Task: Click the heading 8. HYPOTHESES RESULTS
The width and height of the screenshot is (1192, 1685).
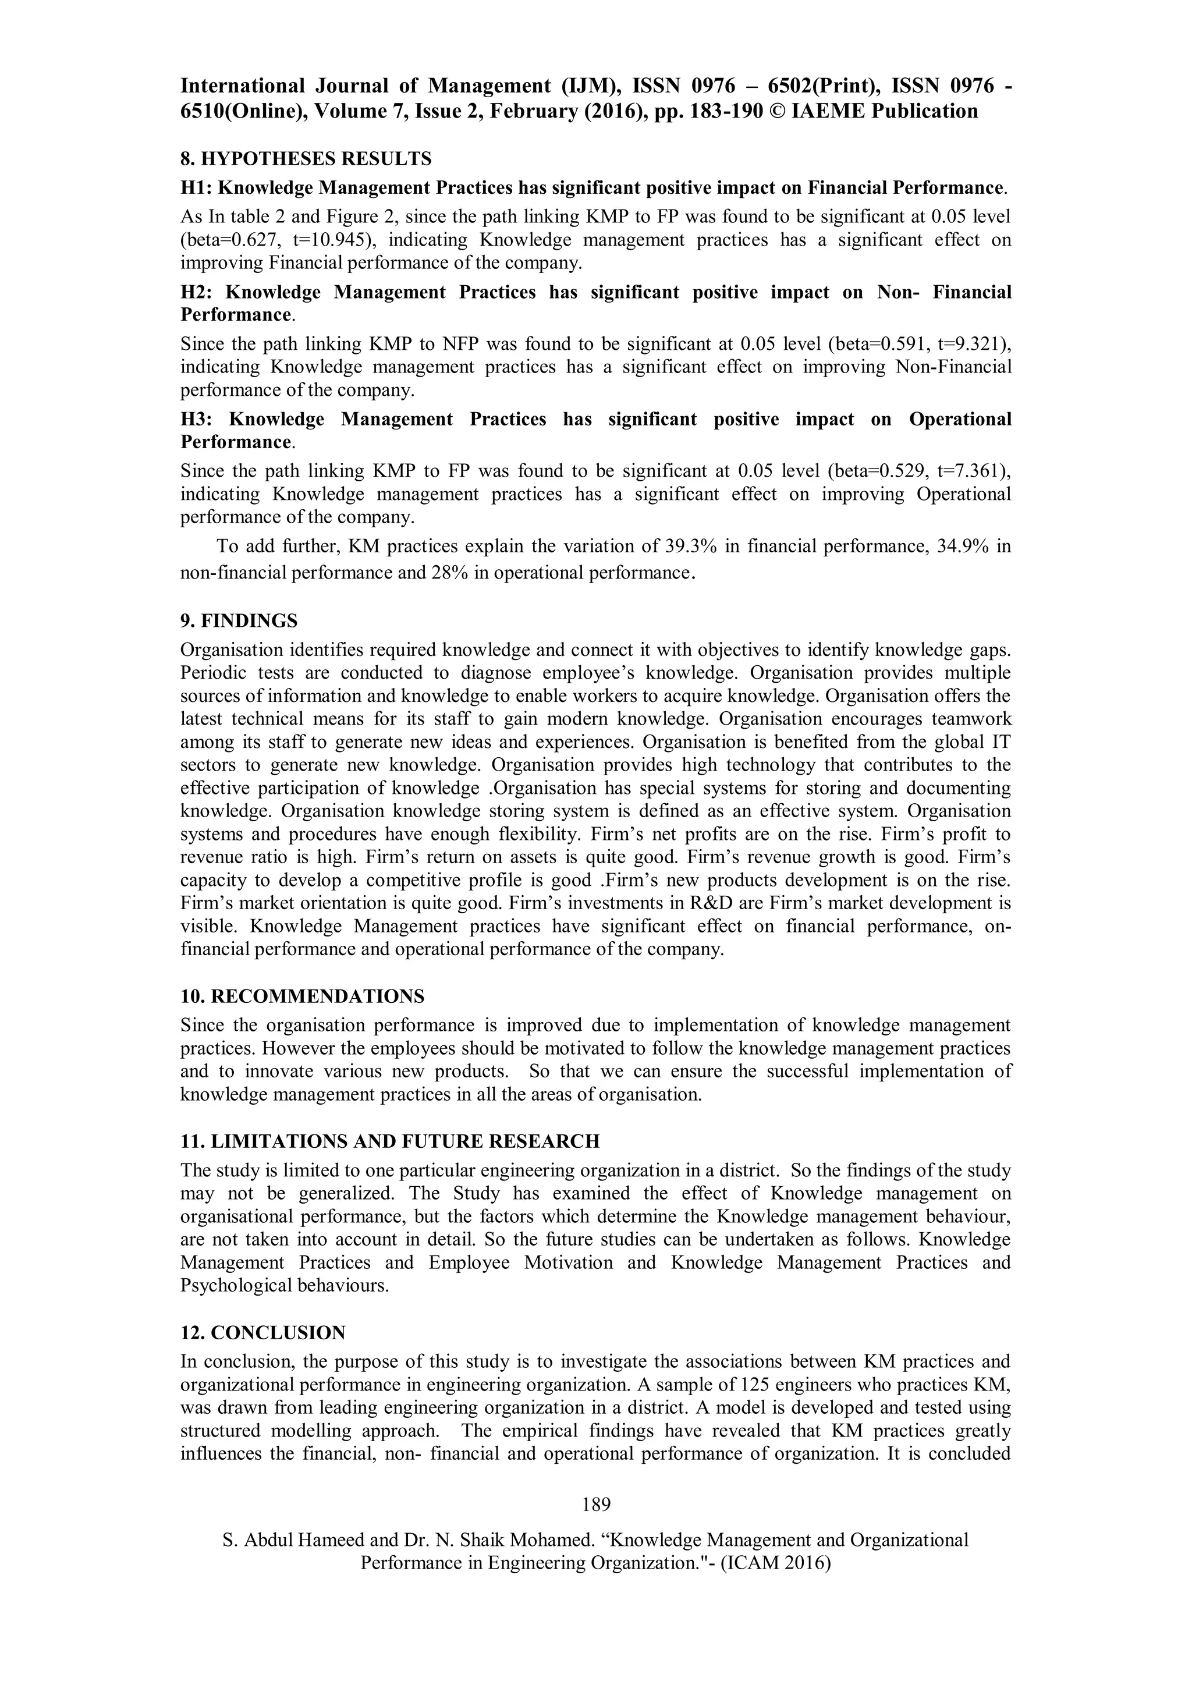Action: pyautogui.click(x=306, y=158)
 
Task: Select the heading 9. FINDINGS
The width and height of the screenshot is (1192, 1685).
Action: pyautogui.click(x=239, y=621)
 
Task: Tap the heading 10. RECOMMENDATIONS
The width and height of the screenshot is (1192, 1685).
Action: pyautogui.click(x=303, y=996)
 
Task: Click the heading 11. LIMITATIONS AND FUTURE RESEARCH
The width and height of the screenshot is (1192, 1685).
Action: pyautogui.click(x=390, y=1141)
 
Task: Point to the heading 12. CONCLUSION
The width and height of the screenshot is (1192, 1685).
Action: pyautogui.click(x=262, y=1333)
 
